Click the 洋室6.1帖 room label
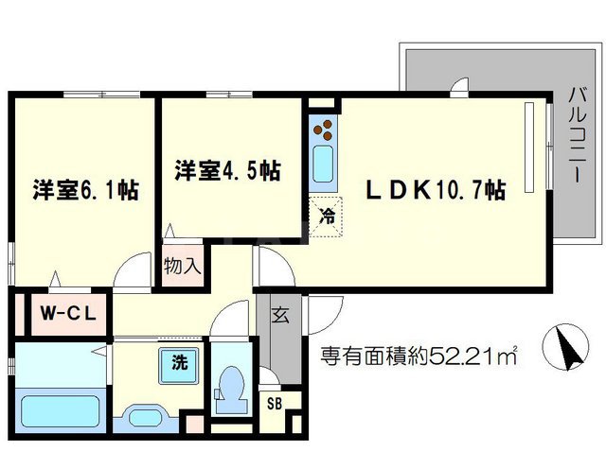(x=86, y=190)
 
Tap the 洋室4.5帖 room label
(x=228, y=170)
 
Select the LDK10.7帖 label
(x=436, y=189)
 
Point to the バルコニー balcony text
(x=578, y=135)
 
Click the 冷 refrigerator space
(x=326, y=217)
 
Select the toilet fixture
(x=230, y=390)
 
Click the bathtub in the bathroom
(x=60, y=410)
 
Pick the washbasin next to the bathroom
(x=146, y=418)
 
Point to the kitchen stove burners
(x=323, y=130)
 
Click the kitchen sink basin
(x=323, y=164)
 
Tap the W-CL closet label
(x=68, y=314)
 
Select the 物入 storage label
(x=183, y=266)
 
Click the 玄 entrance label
(x=281, y=315)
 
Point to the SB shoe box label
(x=275, y=404)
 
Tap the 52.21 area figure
(x=459, y=356)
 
